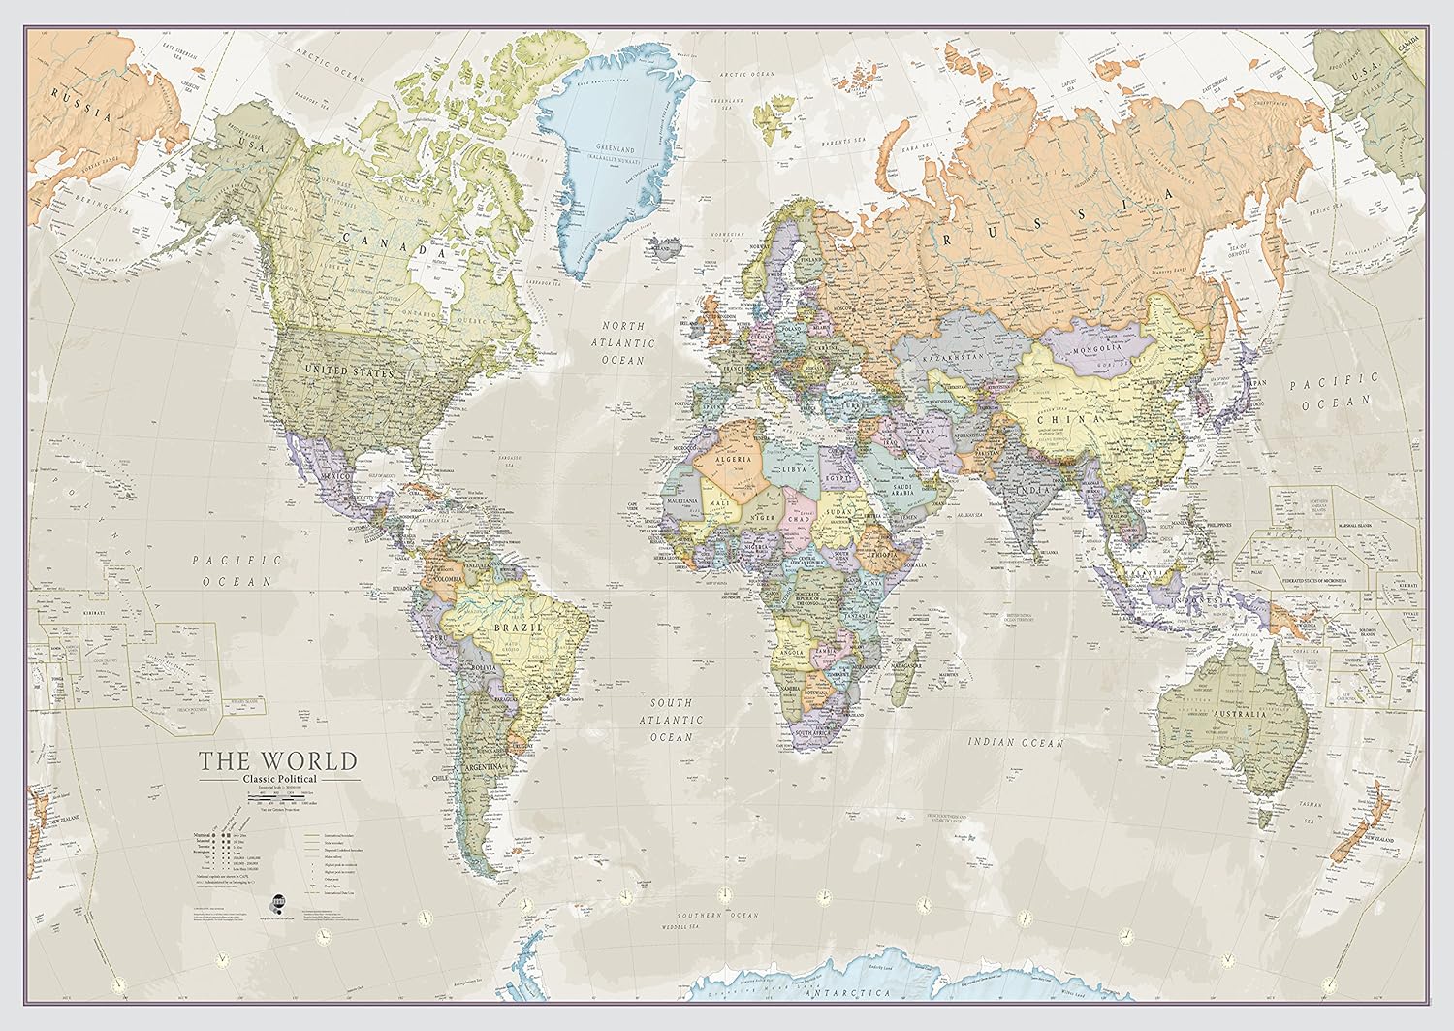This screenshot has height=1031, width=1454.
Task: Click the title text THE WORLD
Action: click(x=278, y=760)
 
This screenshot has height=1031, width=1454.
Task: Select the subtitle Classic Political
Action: click(x=279, y=778)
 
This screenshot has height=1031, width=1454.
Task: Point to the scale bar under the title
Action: click(x=279, y=796)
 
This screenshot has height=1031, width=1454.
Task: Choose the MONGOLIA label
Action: click(x=1098, y=348)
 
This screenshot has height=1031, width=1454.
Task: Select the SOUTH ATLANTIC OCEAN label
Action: click(x=676, y=720)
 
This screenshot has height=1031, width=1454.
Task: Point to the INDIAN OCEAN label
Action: click(x=1015, y=743)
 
